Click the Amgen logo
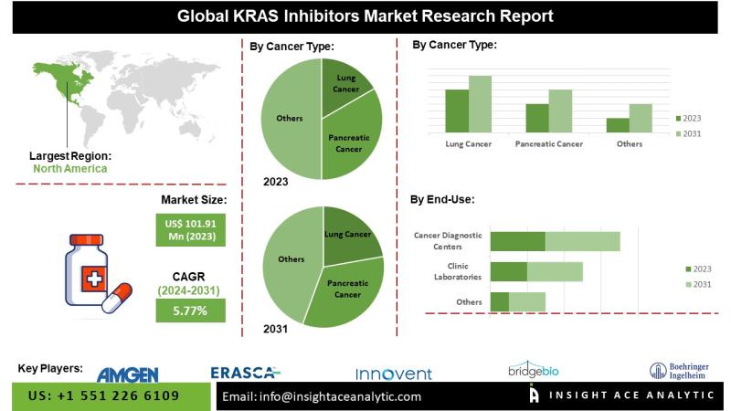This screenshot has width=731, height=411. tap(127, 374)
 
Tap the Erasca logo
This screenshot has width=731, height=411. tap(245, 372)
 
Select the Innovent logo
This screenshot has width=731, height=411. tap(393, 373)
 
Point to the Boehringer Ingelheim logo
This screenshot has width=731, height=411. tap(681, 370)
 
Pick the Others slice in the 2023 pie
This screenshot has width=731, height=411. tap(289, 118)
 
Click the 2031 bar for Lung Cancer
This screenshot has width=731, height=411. tap(480, 104)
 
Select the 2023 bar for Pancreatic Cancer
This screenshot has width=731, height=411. tap(537, 118)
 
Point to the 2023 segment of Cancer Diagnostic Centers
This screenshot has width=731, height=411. tap(517, 241)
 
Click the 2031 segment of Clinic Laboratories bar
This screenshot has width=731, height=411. tap(555, 271)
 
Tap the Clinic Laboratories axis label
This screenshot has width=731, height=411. tap(454, 271)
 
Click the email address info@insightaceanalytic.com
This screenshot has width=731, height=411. tap(322, 396)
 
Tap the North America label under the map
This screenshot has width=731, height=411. tap(69, 168)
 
